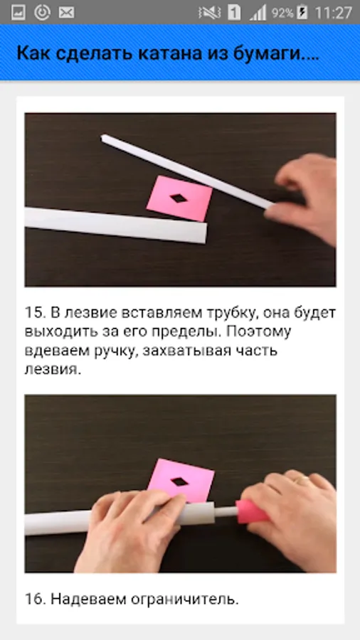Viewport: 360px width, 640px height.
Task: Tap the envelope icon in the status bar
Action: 66,13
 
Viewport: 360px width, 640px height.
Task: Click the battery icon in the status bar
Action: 302,13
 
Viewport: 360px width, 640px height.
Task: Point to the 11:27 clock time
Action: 333,13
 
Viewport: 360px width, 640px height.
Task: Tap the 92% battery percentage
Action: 282,13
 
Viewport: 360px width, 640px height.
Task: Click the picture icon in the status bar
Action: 18,13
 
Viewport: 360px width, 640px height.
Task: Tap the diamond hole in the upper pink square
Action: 179,198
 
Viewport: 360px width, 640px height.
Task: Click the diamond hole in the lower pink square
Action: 179,481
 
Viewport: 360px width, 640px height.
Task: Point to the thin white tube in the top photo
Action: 187,171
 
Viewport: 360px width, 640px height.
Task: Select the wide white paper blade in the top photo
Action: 115,225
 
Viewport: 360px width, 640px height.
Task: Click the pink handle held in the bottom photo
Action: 253,511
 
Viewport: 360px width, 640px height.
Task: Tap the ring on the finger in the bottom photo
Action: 302,480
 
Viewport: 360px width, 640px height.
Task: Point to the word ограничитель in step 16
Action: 184,600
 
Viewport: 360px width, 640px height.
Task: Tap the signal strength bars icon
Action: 258,13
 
